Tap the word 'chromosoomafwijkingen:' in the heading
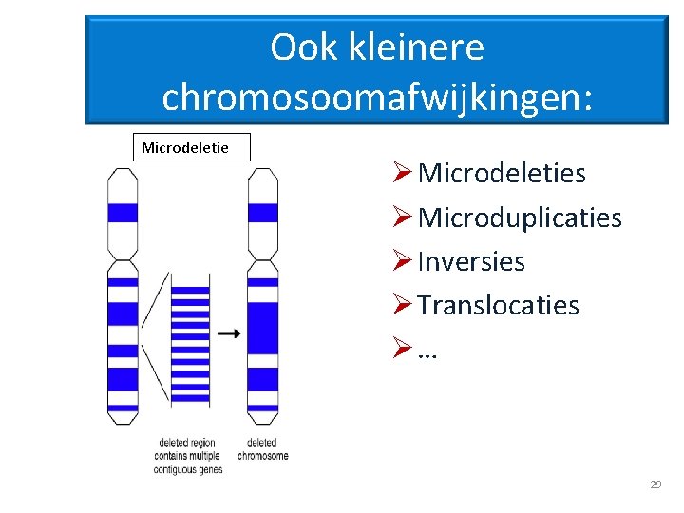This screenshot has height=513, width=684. tap(377, 97)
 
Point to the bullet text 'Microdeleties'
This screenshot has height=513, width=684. tap(502, 174)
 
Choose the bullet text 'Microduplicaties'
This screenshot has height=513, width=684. tap(520, 218)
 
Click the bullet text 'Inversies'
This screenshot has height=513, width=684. tap(471, 261)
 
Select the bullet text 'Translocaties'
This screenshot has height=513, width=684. tap(498, 305)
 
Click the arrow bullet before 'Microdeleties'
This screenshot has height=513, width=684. tap(401, 174)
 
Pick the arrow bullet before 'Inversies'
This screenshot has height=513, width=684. tap(401, 261)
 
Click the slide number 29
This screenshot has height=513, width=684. tap(655, 485)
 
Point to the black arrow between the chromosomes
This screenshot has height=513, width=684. tap(228, 333)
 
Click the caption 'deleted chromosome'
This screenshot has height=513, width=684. tap(263, 448)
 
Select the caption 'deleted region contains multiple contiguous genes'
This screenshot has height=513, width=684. tap(190, 455)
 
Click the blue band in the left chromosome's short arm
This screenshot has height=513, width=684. tap(123, 213)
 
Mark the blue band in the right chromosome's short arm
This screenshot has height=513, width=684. tap(262, 213)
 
